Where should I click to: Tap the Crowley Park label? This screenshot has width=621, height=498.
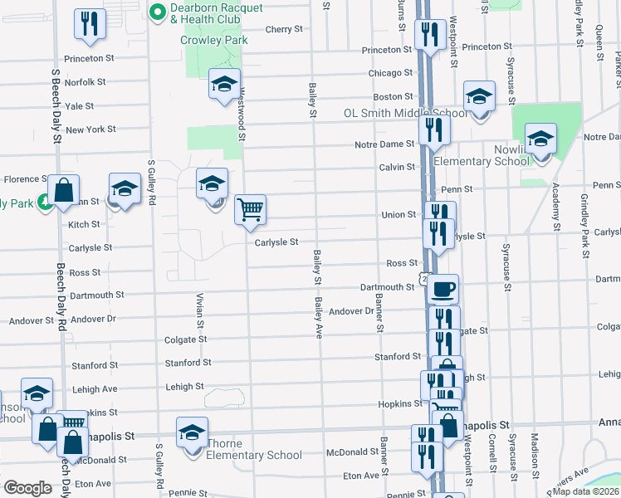(x=214, y=39)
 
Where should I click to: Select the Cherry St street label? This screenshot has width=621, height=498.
(x=284, y=29)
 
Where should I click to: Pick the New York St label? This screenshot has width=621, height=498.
(x=90, y=129)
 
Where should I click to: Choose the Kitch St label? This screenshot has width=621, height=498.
(x=84, y=225)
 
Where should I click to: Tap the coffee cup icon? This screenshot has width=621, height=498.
(x=443, y=289)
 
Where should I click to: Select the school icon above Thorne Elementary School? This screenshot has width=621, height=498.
(x=192, y=433)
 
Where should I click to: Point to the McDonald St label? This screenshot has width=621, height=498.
(x=352, y=452)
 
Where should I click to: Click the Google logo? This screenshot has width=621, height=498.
(x=28, y=488)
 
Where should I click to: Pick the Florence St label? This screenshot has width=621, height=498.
(x=27, y=179)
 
